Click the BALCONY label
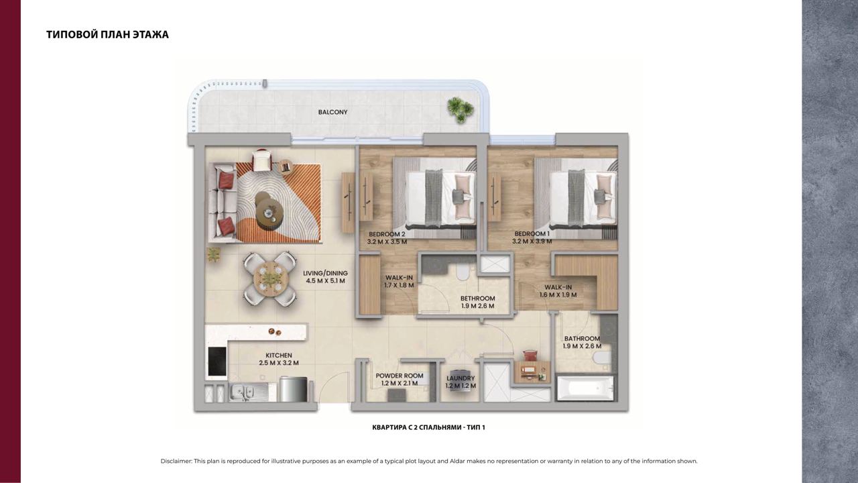coord(332,112)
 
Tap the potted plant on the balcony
coord(460,109)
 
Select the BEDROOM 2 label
coord(387,234)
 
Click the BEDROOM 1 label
coord(532,233)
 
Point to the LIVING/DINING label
coord(325,273)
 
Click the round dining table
coord(270,279)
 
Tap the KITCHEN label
coord(279,356)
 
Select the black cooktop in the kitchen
coord(217,362)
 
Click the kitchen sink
coord(242,392)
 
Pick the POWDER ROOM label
coord(400,376)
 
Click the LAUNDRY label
coord(461,378)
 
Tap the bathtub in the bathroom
coord(585,388)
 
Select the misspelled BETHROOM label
coord(478,299)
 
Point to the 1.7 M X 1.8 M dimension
coord(399,285)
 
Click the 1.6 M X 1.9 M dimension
coord(558,294)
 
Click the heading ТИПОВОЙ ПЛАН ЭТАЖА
coord(108,34)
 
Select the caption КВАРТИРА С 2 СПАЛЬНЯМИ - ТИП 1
coord(428,427)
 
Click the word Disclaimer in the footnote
coord(176,461)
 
